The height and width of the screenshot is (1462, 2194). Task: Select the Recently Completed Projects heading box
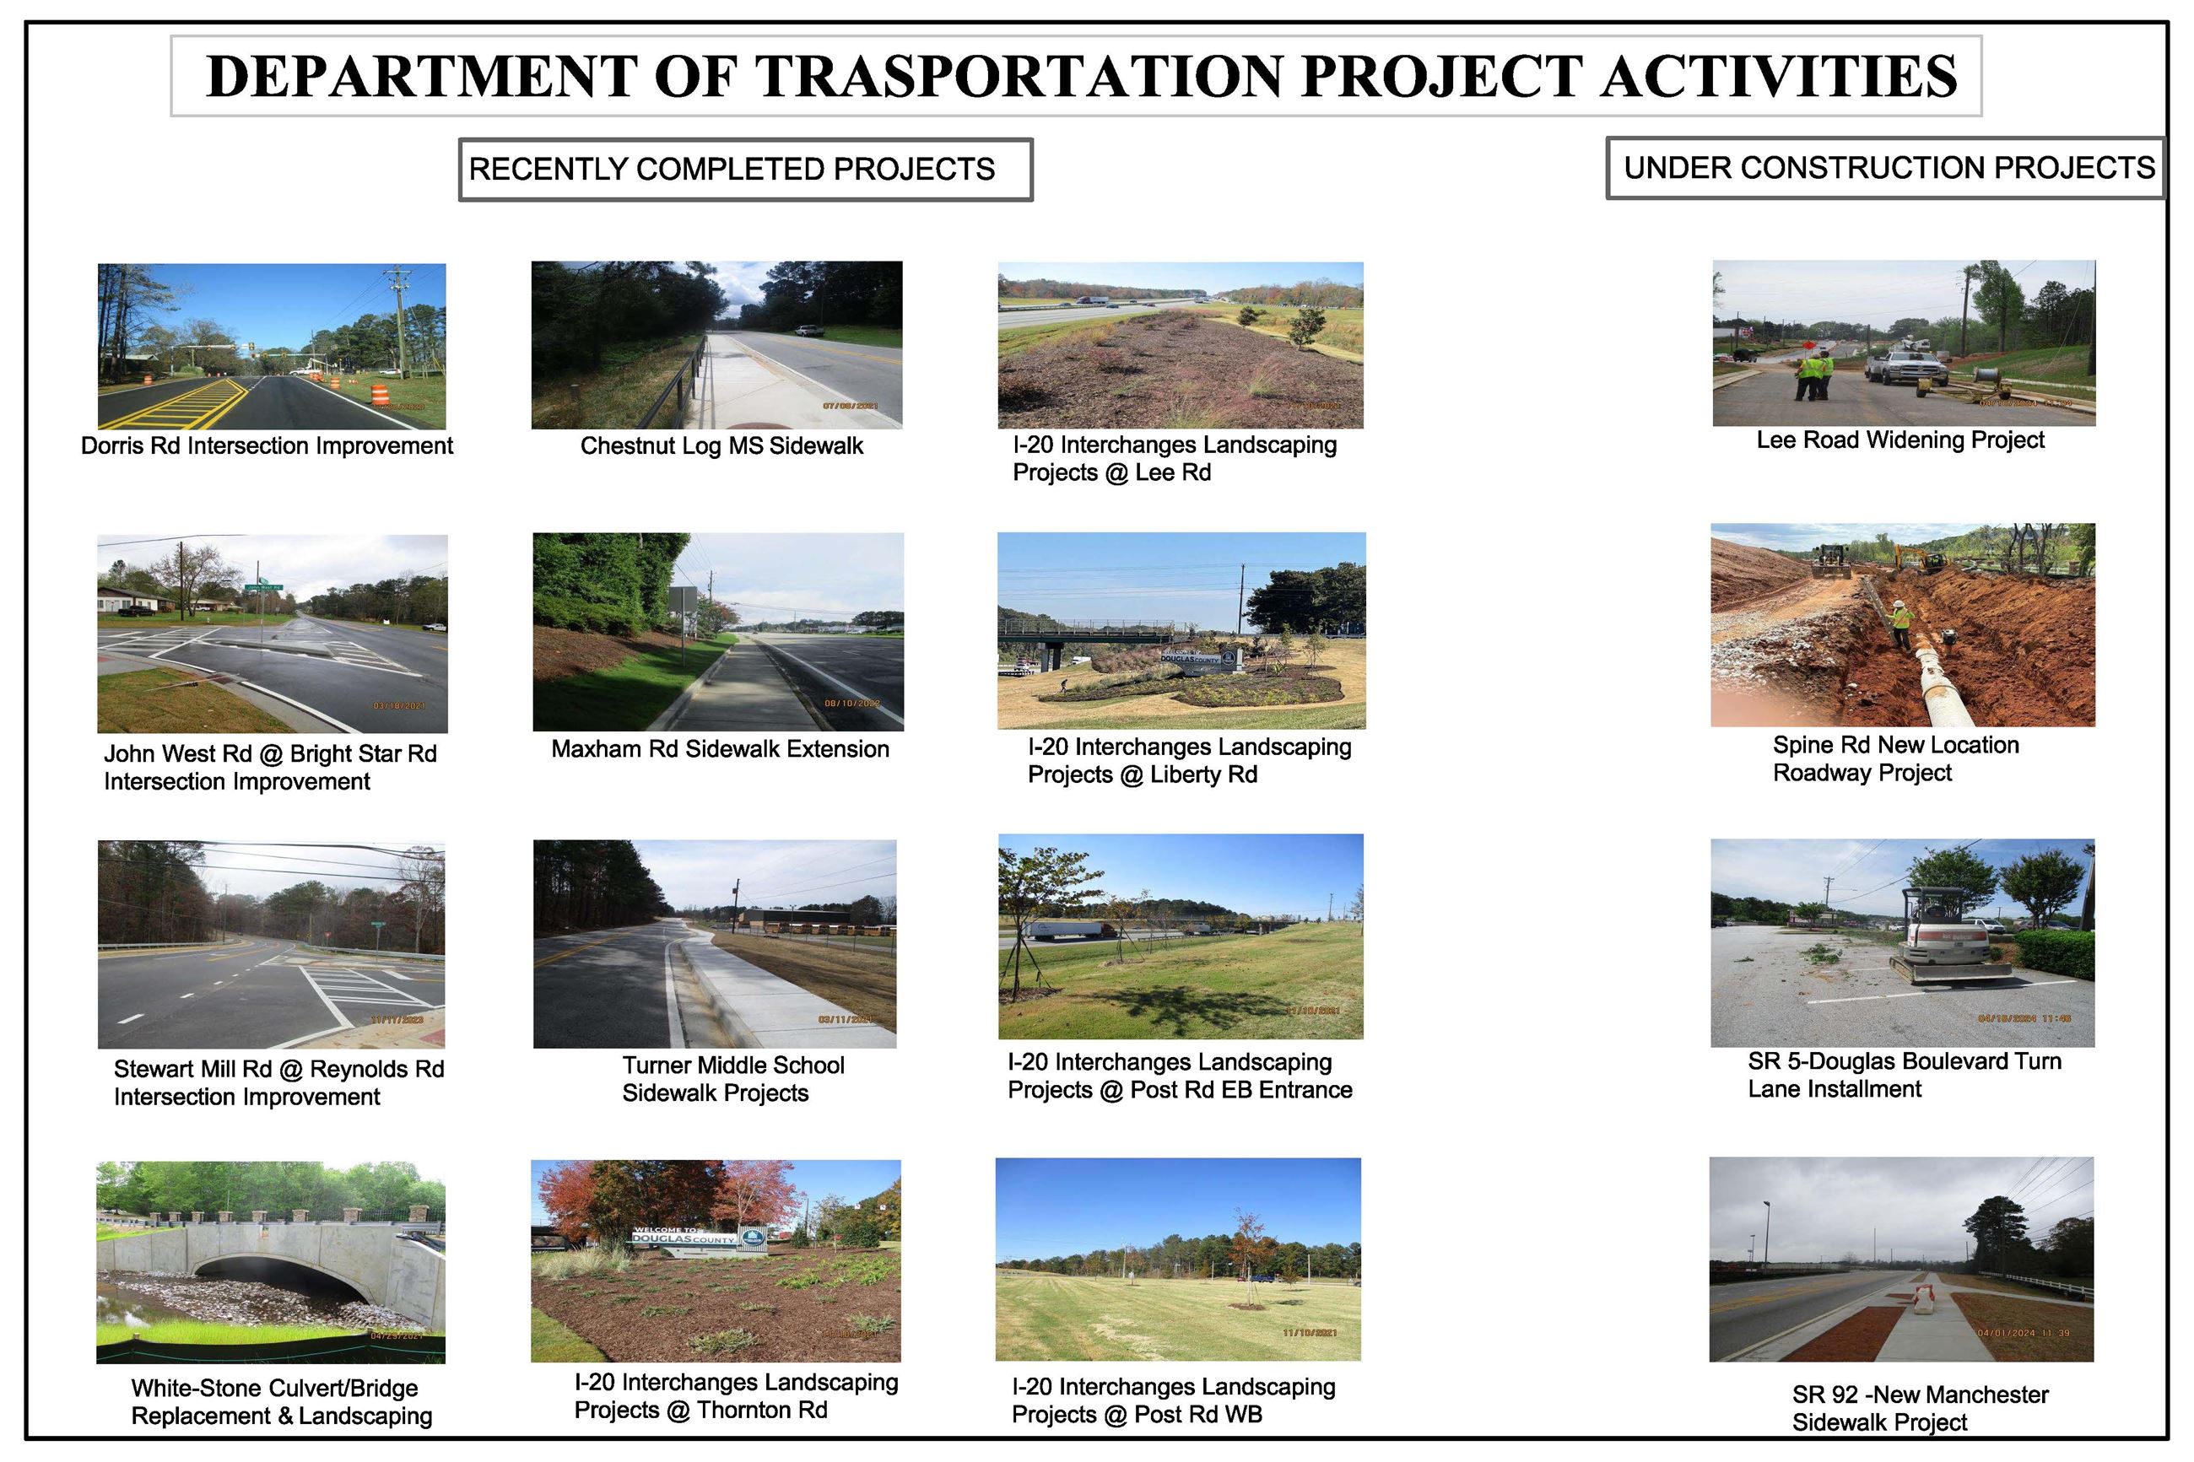coord(744,169)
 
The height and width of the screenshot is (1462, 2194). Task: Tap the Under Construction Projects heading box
coord(1884,168)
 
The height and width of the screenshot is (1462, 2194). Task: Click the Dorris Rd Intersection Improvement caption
coord(267,445)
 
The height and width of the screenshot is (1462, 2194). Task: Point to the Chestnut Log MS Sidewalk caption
coord(721,445)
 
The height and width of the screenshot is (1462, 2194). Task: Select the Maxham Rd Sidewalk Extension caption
coord(720,748)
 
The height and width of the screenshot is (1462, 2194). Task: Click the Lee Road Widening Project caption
coord(1899,440)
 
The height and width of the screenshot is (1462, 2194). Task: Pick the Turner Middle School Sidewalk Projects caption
coord(733,1079)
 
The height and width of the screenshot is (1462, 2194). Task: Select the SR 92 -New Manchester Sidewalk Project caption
coord(1919,1408)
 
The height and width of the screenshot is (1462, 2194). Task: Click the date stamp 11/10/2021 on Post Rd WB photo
coord(1309,1332)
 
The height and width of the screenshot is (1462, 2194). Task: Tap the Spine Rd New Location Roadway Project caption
coord(1894,758)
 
